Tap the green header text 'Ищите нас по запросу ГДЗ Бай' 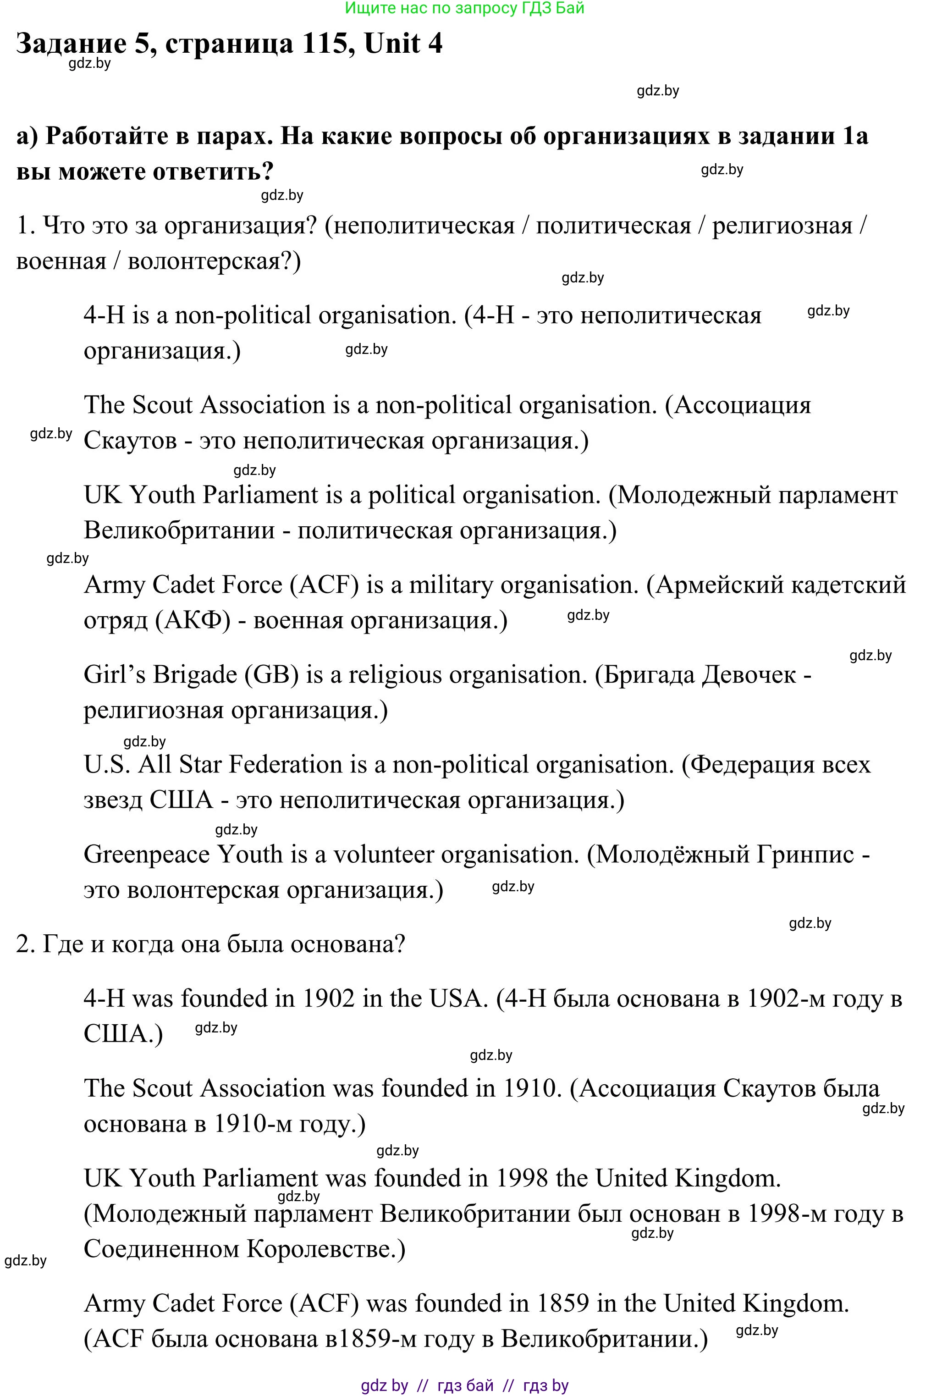pos(465,8)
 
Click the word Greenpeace pos(147,855)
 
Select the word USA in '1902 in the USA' pos(455,999)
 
